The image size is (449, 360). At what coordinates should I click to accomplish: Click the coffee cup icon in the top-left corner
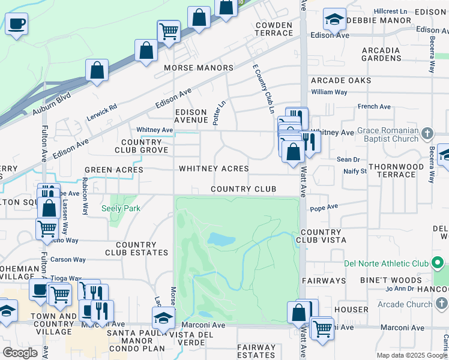pos(16,24)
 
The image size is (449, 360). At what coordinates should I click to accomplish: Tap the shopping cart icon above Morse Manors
pos(169,30)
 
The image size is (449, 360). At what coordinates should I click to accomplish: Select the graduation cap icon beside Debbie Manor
pos(334,19)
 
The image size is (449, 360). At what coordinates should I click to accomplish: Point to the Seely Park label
pos(120,208)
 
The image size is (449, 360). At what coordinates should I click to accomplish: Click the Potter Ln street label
pos(219,112)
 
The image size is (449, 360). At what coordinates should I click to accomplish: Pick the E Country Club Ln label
pos(263,90)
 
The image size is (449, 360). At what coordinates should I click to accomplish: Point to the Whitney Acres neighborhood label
pos(214,169)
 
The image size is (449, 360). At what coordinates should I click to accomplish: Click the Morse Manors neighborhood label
pos(199,68)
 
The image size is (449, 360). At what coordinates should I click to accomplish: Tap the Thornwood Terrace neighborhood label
pos(399,170)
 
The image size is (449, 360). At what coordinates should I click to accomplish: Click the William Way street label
pos(329,92)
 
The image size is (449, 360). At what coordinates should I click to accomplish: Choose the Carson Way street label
pos(68,260)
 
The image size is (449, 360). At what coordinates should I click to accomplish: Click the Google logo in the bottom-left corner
pos(20,352)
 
